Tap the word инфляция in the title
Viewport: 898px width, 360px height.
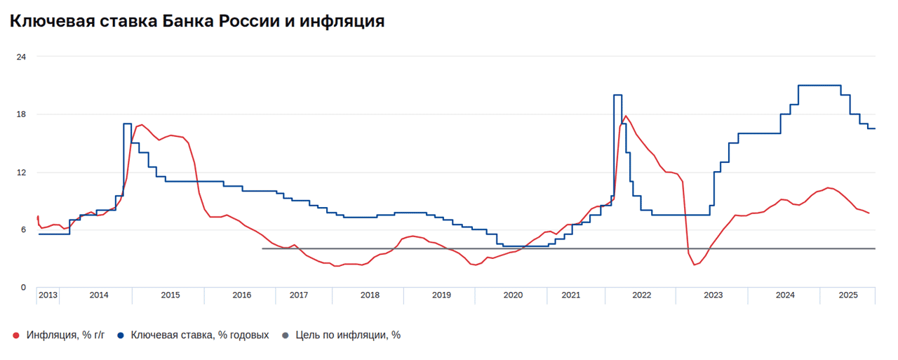(342, 22)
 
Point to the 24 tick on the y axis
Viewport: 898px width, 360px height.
(21, 56)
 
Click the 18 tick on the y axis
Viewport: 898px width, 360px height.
(21, 114)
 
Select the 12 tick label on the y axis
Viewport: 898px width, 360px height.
(21, 172)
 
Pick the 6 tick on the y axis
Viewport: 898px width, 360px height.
(23, 230)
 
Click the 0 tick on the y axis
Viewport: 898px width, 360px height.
(23, 288)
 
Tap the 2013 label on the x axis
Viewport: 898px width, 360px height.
(48, 295)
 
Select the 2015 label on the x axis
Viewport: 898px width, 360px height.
(170, 295)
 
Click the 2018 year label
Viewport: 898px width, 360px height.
(370, 295)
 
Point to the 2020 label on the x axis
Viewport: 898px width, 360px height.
(513, 295)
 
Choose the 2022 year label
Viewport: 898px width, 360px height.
(642, 295)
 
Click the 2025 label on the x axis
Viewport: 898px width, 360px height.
(849, 295)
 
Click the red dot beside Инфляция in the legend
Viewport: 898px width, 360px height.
(16, 335)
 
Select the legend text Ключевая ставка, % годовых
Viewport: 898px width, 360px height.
(200, 335)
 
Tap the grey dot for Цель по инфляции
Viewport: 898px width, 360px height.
(285, 335)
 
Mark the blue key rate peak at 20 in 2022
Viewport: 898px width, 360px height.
(617, 95)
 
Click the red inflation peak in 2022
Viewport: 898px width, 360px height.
(625, 116)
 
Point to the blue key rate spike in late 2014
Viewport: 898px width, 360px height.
(127, 124)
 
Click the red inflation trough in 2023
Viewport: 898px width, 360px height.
(695, 265)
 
